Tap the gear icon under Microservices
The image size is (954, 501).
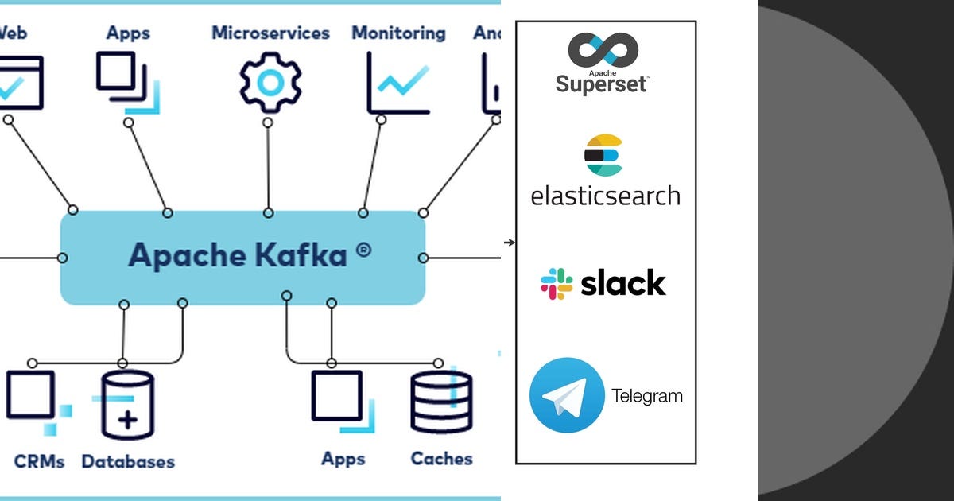point(270,83)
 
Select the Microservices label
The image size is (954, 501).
point(270,33)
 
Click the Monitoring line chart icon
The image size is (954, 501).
point(398,83)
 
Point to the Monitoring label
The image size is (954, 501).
point(398,33)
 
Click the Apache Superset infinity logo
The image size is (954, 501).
point(603,50)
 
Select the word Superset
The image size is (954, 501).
point(602,83)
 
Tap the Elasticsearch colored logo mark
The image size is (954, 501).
point(604,155)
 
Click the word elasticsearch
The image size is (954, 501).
point(605,196)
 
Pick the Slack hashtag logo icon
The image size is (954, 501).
point(556,284)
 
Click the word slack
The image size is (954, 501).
point(623,283)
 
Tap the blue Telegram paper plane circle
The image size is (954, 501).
point(567,395)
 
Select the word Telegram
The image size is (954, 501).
point(646,396)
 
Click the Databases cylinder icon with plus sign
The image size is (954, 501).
point(126,406)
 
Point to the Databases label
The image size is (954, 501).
point(128,461)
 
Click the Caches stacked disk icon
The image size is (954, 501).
point(441,402)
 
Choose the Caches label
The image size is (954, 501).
point(441,459)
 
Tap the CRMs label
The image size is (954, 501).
point(39,461)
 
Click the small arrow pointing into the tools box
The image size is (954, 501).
point(510,243)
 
